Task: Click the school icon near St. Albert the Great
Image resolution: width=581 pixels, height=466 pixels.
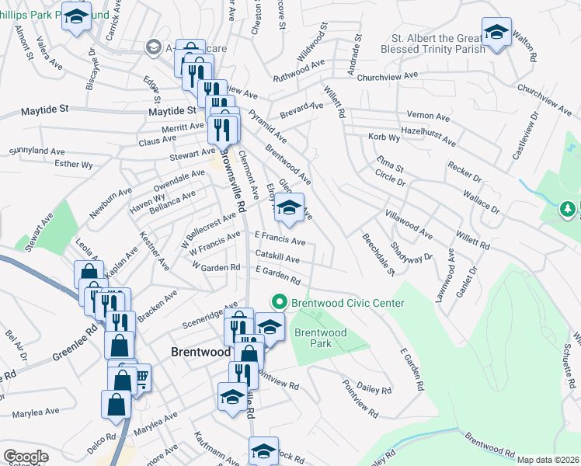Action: pos(495,33)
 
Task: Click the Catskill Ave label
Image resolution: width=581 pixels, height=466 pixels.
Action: pos(277,258)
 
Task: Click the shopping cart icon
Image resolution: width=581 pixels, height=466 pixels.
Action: pos(141,378)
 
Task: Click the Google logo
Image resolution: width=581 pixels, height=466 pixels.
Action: pos(26,456)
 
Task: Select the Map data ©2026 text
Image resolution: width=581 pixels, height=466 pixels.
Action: pos(548,460)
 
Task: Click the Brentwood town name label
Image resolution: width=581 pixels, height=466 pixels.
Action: pos(200,352)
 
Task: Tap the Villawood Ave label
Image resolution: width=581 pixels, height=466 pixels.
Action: pos(409,222)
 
